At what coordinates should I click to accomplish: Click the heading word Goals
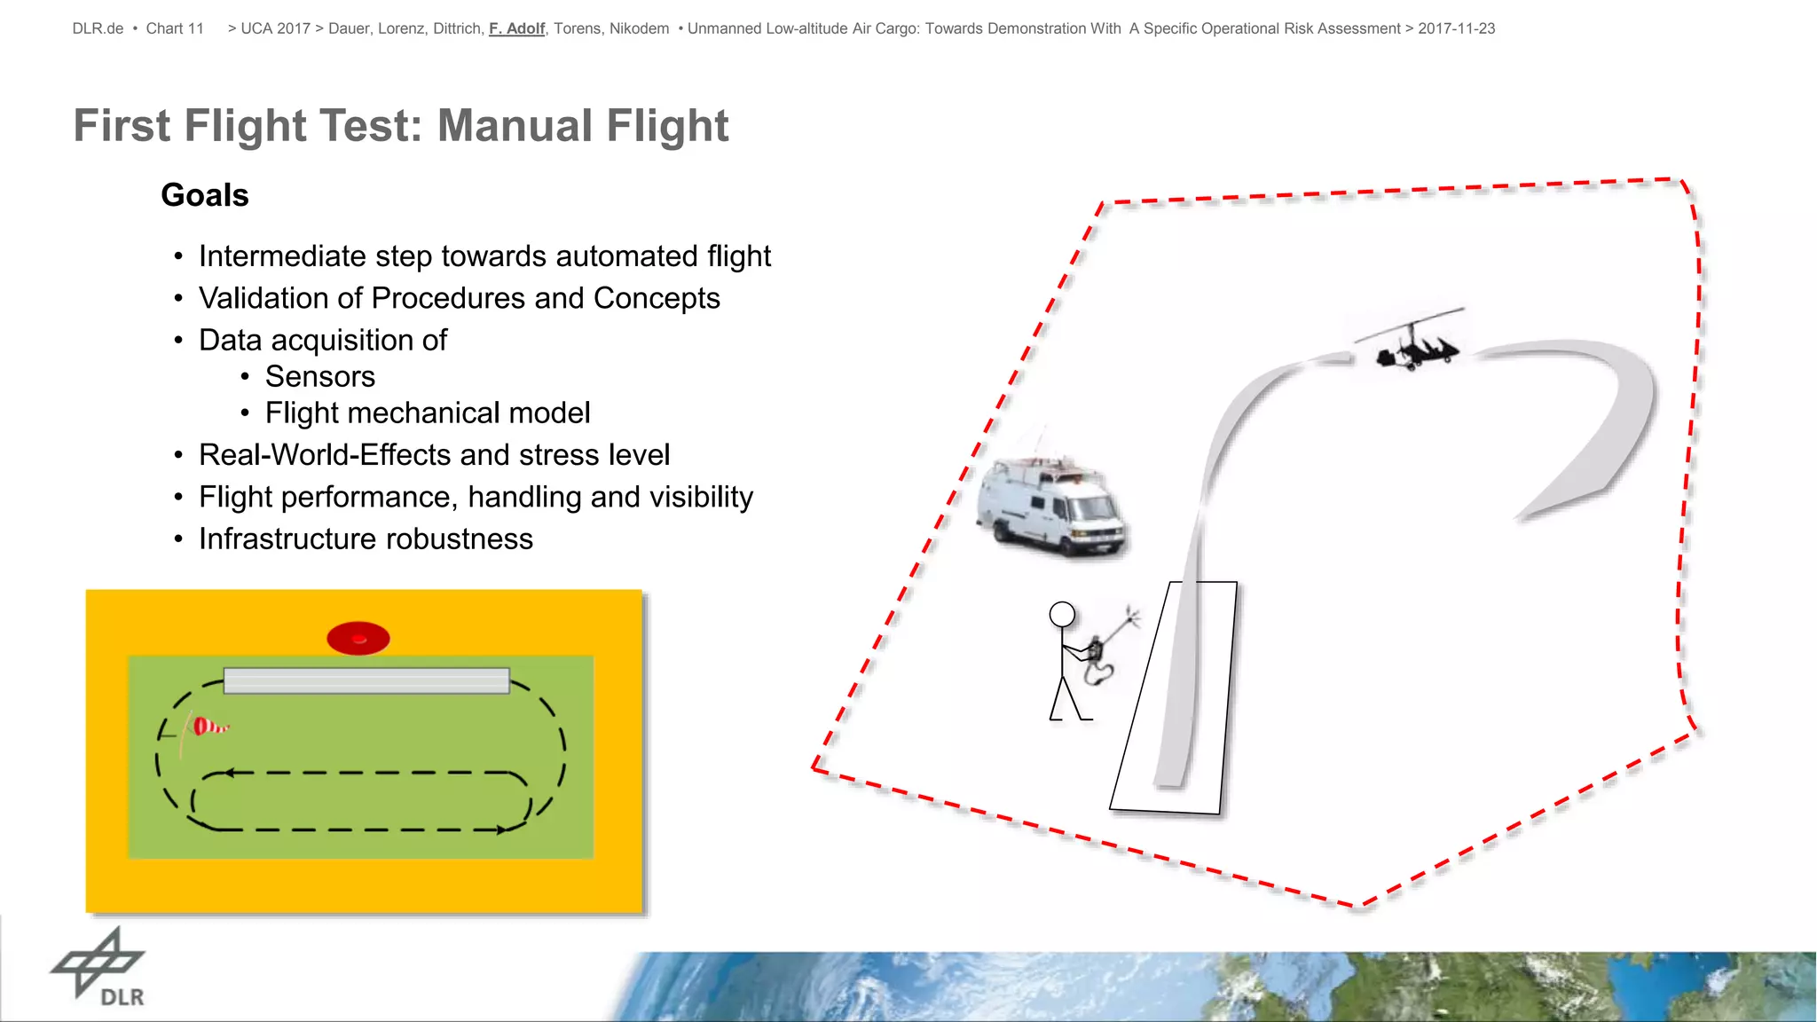(x=205, y=195)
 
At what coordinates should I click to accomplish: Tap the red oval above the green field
(x=358, y=638)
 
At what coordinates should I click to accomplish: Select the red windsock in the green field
(x=209, y=727)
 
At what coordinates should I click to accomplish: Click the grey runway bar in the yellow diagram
(x=366, y=680)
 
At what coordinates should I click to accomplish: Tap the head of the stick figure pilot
(x=1062, y=614)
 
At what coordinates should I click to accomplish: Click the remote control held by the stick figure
(x=1097, y=649)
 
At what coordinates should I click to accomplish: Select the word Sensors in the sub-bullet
(x=320, y=377)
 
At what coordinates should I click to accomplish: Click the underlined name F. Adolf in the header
(x=516, y=28)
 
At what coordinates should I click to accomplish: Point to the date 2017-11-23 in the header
(x=1456, y=28)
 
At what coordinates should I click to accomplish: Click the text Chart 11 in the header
(x=175, y=28)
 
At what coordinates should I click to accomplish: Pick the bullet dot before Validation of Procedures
(x=178, y=299)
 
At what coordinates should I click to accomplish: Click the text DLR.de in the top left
(x=98, y=28)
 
